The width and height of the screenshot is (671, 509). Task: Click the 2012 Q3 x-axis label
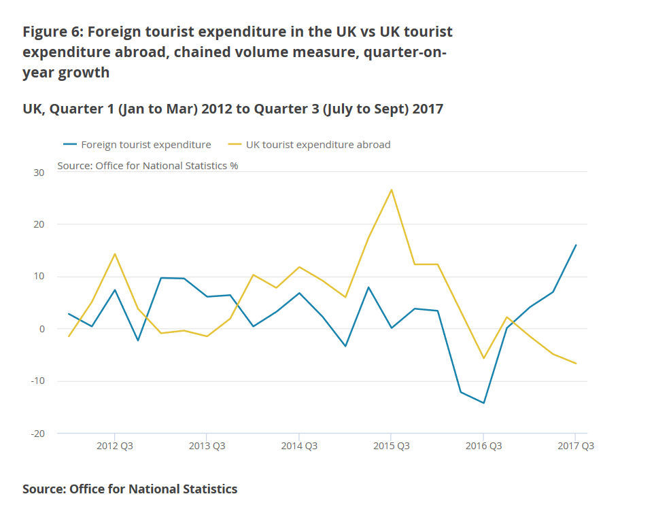click(x=115, y=446)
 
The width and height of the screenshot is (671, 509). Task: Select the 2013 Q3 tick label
click(x=207, y=446)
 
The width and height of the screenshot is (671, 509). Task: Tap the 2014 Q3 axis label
click(x=299, y=446)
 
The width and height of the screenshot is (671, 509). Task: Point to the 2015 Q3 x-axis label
click(x=391, y=446)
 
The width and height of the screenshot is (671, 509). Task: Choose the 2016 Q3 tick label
click(x=483, y=446)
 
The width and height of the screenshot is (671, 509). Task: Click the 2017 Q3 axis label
click(x=575, y=446)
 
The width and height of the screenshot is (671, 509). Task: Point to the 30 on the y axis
click(x=38, y=173)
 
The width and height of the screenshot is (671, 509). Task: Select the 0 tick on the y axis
click(x=41, y=329)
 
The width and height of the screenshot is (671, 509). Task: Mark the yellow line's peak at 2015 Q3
click(x=392, y=190)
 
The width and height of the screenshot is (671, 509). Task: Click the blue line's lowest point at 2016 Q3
click(x=483, y=403)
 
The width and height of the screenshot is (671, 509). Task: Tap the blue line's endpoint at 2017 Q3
click(x=576, y=245)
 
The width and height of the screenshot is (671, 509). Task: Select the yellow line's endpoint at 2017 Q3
click(x=576, y=364)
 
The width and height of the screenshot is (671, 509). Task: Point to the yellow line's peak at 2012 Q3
click(x=115, y=253)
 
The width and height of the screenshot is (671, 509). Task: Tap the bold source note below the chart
click(x=130, y=489)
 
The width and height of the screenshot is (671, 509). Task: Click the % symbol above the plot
click(x=234, y=165)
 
